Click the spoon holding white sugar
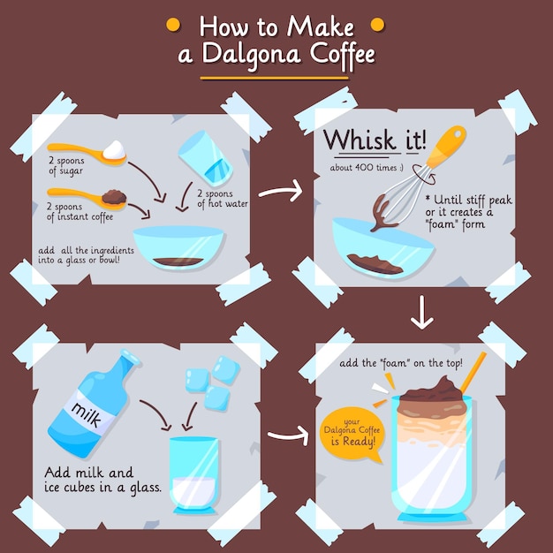[x=88, y=154]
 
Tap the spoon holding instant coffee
[x=88, y=198]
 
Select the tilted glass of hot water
[x=205, y=159]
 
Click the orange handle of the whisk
[x=446, y=146]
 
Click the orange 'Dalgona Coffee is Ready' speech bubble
[x=352, y=434]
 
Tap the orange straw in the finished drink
[x=473, y=373]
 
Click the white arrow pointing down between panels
[x=421, y=313]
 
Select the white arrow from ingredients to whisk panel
[x=281, y=192]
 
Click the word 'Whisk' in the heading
[x=360, y=140]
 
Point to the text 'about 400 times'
[x=367, y=168]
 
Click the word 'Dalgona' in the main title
[x=251, y=55]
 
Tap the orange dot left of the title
[x=173, y=25]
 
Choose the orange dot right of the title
[x=377, y=25]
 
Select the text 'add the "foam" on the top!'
[x=401, y=363]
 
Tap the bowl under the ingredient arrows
[x=178, y=247]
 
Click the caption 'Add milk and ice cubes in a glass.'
[x=102, y=480]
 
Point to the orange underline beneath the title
[x=274, y=79]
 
